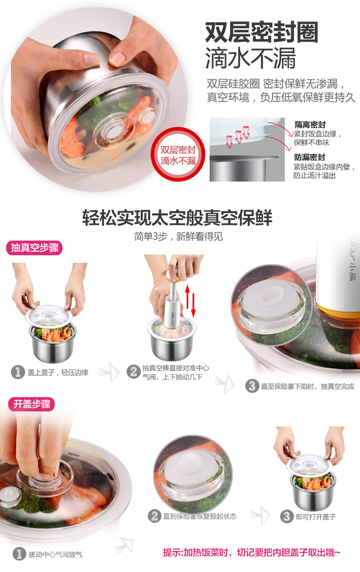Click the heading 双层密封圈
click(x=262, y=33)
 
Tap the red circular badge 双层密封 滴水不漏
click(x=178, y=154)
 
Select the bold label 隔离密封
click(x=310, y=125)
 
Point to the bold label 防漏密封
click(x=309, y=157)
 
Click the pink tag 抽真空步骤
click(x=35, y=248)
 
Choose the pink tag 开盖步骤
click(x=32, y=404)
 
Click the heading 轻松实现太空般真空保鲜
click(x=177, y=218)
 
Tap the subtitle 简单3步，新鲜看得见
click(x=179, y=236)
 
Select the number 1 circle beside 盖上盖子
click(x=17, y=372)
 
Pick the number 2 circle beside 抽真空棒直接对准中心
click(x=133, y=371)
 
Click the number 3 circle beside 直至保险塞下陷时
click(x=252, y=386)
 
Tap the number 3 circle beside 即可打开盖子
click(x=287, y=516)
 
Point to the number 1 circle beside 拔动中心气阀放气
click(x=19, y=554)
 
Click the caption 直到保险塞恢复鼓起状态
click(x=200, y=516)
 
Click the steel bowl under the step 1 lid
click(x=53, y=345)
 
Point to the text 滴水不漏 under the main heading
click(x=250, y=59)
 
